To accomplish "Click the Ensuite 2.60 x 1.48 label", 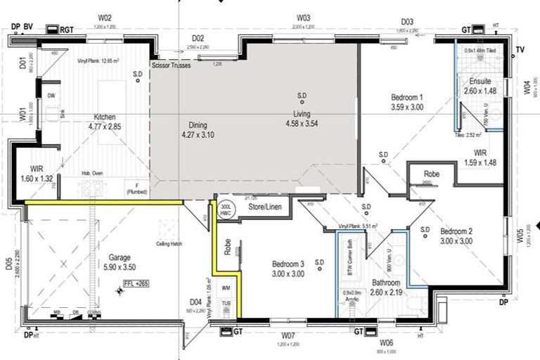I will pos(480,86).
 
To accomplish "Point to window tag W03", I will pos(303,18).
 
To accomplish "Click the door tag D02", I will pos(198,38).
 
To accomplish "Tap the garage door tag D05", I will pos(9,264).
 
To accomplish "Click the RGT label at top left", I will pos(67,30).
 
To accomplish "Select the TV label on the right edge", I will pos(520,49).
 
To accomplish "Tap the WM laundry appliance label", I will pos(226,288).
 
